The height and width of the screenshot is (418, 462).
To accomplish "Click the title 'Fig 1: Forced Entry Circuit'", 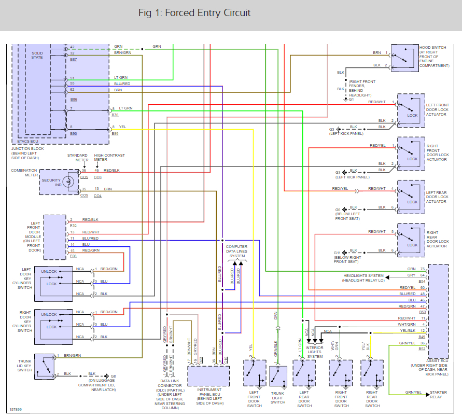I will tap(194, 13).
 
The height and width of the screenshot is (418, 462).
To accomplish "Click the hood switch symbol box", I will tap(405, 57).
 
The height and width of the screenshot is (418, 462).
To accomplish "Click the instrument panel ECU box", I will tap(208, 376).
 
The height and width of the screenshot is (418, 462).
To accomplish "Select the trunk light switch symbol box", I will tap(278, 376).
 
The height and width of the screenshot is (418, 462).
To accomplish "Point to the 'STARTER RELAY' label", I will tap(438, 396).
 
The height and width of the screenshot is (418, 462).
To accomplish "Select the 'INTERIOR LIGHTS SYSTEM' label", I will tap(315, 352).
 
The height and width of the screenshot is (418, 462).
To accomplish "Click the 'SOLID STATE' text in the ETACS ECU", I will tap(37, 55).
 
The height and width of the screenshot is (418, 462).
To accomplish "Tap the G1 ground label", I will tap(351, 99).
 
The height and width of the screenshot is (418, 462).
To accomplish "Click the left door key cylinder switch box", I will tap(54, 283).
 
